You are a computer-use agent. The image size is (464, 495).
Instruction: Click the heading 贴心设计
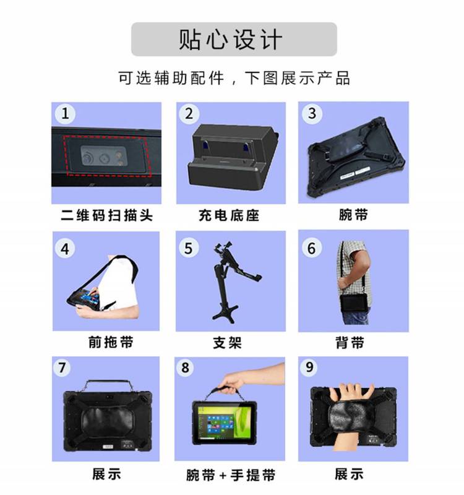(230, 40)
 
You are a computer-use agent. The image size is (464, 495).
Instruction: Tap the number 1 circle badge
(65, 114)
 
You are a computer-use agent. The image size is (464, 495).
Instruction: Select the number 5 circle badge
(189, 248)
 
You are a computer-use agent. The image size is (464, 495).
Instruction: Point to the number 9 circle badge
(309, 367)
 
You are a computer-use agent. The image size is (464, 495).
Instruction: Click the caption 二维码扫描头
(106, 215)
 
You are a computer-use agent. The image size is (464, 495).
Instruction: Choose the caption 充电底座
(229, 215)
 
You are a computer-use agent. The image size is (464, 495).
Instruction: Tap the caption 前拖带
(111, 342)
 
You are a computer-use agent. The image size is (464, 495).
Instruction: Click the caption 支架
(227, 343)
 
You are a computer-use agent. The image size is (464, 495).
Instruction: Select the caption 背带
(350, 343)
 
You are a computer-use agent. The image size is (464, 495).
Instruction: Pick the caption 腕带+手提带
(230, 475)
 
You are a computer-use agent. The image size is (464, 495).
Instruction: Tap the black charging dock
(233, 157)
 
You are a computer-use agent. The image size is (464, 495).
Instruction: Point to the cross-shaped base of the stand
(225, 312)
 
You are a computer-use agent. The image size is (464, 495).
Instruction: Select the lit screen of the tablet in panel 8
(225, 423)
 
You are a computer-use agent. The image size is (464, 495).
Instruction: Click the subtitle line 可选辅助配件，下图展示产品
(234, 78)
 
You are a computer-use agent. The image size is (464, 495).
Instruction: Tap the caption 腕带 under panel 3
(353, 215)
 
